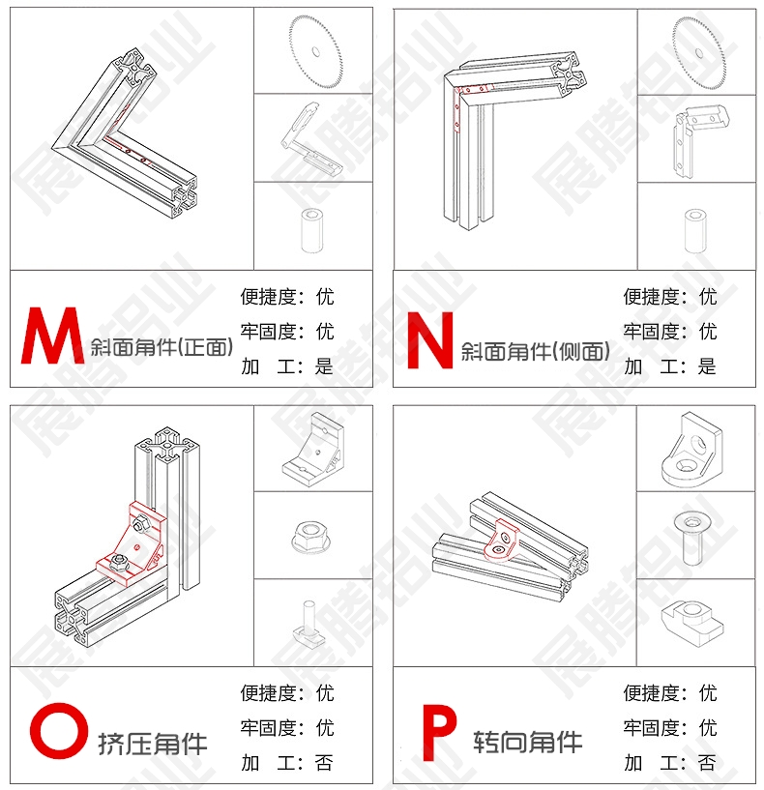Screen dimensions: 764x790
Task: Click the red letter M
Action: (52, 336)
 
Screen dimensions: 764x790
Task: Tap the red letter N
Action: (430, 340)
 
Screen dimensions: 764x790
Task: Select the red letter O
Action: (58, 731)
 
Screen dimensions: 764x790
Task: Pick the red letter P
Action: (438, 733)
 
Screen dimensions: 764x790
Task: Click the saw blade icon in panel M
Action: (315, 52)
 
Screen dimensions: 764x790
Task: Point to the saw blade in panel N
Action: (699, 53)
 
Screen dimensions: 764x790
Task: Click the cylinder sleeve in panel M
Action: (312, 230)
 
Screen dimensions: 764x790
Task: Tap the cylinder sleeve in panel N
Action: (695, 230)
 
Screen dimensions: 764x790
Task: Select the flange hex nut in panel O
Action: (312, 537)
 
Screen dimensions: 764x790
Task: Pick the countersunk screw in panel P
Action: (692, 538)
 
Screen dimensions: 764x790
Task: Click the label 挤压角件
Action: (153, 745)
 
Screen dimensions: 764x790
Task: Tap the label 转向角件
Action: (528, 742)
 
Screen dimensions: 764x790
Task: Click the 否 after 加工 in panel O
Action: (324, 763)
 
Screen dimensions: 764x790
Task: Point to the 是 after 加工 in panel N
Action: (707, 366)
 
